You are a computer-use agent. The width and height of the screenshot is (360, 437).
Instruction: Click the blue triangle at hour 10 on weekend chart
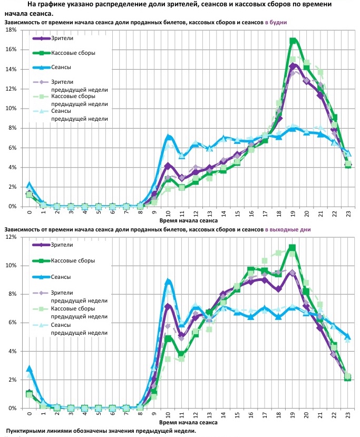coord(168,281)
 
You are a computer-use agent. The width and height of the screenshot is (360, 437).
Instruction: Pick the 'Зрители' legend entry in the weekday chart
coord(62,38)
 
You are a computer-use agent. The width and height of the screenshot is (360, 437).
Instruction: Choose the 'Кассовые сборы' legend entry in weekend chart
coord(73,260)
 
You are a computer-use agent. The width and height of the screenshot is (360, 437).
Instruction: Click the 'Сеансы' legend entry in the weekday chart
coord(61,67)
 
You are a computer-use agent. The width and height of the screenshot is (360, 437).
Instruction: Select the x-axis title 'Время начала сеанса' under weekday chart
coord(189,221)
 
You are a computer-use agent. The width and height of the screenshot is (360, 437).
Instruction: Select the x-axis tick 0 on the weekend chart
coord(30,414)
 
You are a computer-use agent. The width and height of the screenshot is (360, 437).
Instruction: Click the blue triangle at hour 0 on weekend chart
coord(30,368)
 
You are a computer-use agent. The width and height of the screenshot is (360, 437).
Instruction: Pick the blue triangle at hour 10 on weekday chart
coord(168,137)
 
